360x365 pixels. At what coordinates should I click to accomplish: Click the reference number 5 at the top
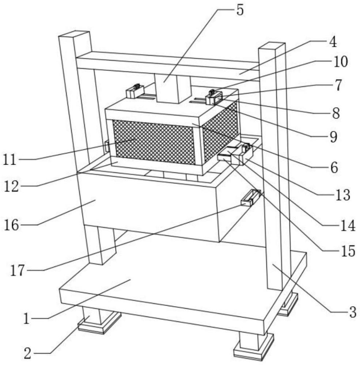(x=239, y=10)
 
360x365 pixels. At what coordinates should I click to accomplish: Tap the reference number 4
(x=332, y=43)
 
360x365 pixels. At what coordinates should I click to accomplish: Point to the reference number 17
(x=18, y=270)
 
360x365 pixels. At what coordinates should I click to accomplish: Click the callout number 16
(x=12, y=225)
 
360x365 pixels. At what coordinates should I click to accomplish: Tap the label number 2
(x=28, y=353)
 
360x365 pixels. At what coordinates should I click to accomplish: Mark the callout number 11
(x=10, y=160)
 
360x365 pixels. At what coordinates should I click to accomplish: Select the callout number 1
(x=26, y=319)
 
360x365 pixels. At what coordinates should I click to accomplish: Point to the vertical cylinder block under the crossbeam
(x=170, y=88)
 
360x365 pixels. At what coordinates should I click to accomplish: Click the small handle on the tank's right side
(x=250, y=198)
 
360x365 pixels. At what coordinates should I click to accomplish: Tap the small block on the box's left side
(x=107, y=146)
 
